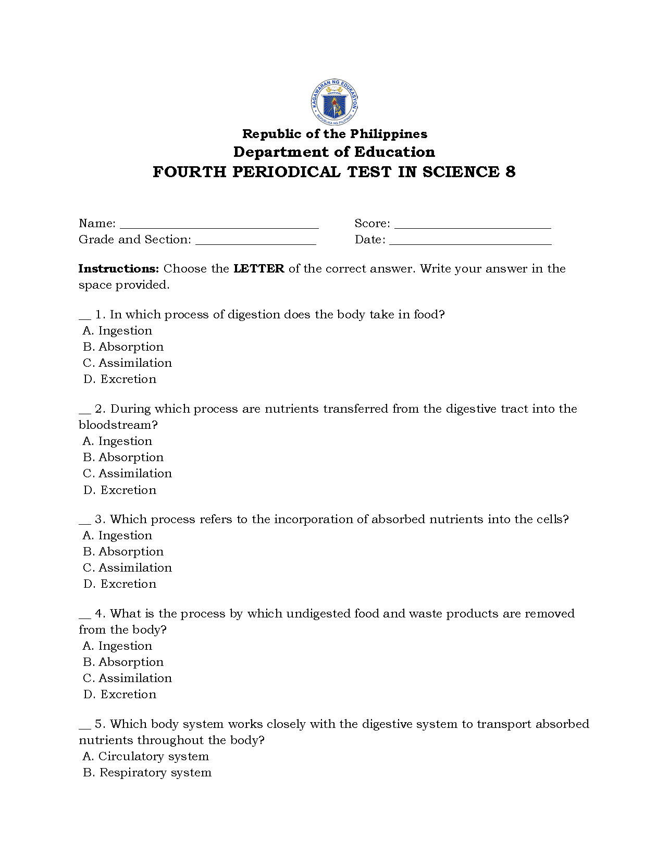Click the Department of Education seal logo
[334, 102]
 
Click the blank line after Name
[219, 226]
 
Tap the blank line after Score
[473, 226]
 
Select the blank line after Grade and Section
[255, 242]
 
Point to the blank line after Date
[470, 242]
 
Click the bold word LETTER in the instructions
[259, 269]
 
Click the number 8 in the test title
[510, 172]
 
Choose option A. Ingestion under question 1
[118, 331]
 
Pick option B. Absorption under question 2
[123, 457]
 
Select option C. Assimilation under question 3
[128, 568]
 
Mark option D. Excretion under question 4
[120, 695]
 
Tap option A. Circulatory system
[146, 757]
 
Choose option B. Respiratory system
[147, 773]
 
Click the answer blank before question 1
[85, 317]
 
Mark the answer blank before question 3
[85, 522]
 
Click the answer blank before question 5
[85, 726]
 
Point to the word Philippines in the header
[388, 134]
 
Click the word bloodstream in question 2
[118, 425]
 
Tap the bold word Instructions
[118, 269]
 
